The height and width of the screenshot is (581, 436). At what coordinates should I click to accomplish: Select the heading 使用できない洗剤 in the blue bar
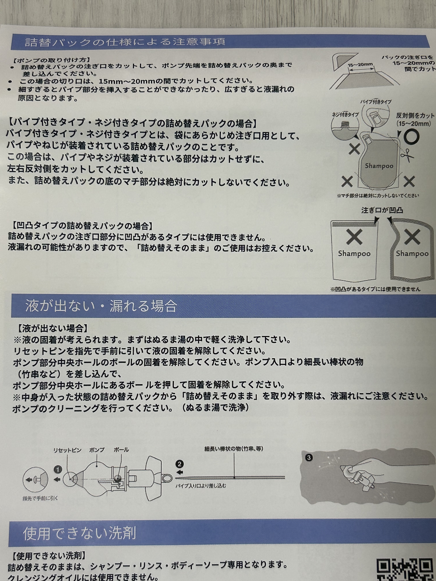80,533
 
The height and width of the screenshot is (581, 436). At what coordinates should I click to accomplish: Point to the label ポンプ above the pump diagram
97,450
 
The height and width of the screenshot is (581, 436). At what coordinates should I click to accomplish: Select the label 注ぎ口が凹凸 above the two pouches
382,210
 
